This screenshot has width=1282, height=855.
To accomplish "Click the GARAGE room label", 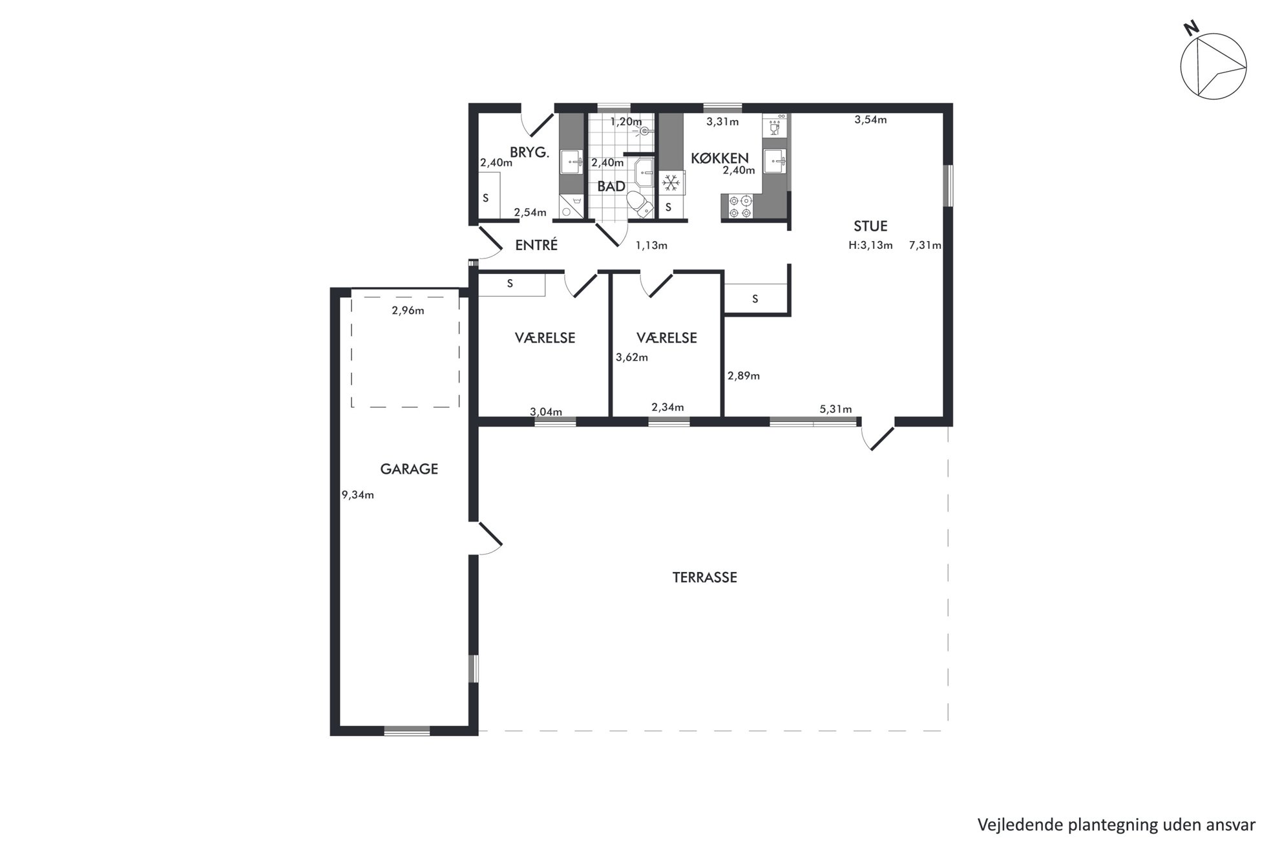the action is [409, 469].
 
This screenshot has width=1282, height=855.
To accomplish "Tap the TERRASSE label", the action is [705, 578].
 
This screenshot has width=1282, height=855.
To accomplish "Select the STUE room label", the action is [870, 226].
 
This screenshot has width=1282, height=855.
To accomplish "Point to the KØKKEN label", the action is [720, 158].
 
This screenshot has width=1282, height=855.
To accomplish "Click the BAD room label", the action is [611, 187].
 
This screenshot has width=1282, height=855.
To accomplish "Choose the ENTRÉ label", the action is [536, 245].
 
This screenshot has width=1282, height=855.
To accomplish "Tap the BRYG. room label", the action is [530, 153].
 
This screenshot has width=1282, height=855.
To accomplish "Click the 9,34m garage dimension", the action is [358, 496].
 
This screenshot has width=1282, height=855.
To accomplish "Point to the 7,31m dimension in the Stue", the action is [925, 246].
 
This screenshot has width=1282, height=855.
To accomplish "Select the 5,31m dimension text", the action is [835, 409].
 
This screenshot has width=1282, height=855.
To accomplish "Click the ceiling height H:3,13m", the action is [871, 246].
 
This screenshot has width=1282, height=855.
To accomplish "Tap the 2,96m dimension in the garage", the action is [408, 311].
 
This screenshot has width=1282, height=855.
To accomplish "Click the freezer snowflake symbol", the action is [671, 183].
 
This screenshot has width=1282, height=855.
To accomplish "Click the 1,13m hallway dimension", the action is [651, 246].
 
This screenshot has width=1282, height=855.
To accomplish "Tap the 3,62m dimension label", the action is [632, 357].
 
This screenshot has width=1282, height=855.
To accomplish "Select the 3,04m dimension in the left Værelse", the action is [546, 412].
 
